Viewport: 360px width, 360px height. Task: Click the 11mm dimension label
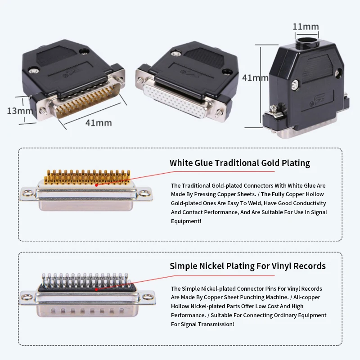pos(306,27)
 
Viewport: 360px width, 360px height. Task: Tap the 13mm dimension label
pos(20,111)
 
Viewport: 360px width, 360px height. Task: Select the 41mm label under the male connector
pos(99,123)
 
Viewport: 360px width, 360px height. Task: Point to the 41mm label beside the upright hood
pos(255,78)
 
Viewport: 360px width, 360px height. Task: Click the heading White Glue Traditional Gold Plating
pos(240,163)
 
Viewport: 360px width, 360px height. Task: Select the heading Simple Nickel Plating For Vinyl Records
pos(248,266)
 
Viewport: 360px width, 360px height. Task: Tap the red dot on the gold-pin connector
pos(97,185)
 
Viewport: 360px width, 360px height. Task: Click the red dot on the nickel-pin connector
pos(97,289)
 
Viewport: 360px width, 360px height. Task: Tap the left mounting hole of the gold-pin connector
pos(28,193)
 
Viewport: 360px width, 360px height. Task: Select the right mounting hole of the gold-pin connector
pos(145,193)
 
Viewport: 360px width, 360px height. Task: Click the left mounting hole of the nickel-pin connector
pos(27,297)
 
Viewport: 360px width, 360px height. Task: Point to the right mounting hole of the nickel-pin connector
pos(147,297)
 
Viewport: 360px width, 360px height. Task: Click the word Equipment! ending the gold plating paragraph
pos(186,221)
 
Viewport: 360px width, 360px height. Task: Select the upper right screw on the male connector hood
pos(84,52)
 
